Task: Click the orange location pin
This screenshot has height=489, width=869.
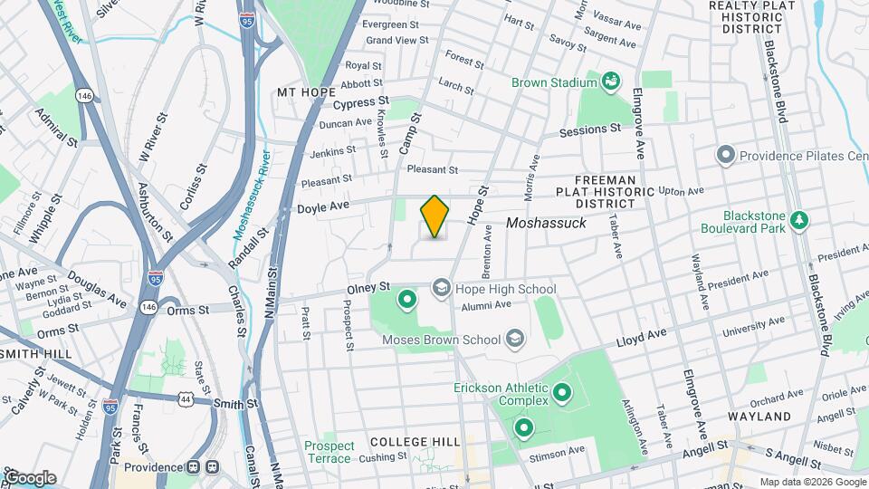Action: [435, 216]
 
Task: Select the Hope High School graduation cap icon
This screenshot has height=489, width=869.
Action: [441, 289]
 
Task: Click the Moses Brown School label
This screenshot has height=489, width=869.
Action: [442, 340]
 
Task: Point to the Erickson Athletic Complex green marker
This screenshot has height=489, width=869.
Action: [562, 393]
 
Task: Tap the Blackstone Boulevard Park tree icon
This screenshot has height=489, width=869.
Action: [798, 220]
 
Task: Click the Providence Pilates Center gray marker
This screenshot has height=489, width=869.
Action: [725, 156]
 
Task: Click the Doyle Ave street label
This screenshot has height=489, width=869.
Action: [322, 207]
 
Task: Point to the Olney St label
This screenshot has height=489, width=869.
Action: [368, 289]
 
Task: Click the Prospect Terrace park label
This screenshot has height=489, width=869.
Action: [328, 452]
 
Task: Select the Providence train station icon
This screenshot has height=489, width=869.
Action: [213, 467]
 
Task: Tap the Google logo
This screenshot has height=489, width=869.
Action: [30, 477]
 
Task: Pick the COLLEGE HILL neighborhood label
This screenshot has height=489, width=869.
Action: [410, 441]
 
